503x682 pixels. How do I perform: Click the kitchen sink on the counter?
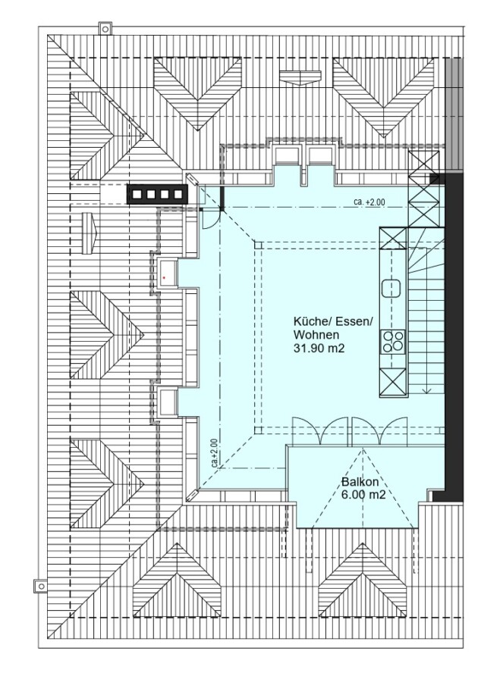coord(391,289)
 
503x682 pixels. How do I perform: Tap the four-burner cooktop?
coord(392,341)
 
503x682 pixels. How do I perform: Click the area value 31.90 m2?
coord(319,348)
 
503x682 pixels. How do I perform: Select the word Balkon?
coord(360,482)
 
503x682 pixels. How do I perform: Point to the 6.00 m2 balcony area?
coord(363,495)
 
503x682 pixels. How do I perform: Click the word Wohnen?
coord(316,335)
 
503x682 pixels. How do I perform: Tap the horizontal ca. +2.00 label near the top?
coord(369,202)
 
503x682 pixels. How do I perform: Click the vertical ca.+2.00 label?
coord(214,453)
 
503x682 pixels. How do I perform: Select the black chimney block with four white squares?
coord(157,194)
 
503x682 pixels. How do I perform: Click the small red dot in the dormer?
coord(164,277)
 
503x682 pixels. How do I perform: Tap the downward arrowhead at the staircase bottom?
coord(426,390)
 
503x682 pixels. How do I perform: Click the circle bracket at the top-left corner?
coord(105,29)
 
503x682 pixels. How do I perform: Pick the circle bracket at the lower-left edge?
coord(41,586)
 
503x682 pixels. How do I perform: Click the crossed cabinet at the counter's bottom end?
coord(393,383)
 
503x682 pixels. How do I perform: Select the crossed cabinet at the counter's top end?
coord(393,238)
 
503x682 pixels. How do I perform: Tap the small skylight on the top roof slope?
coord(301,77)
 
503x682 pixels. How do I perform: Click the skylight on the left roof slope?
coord(89,233)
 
